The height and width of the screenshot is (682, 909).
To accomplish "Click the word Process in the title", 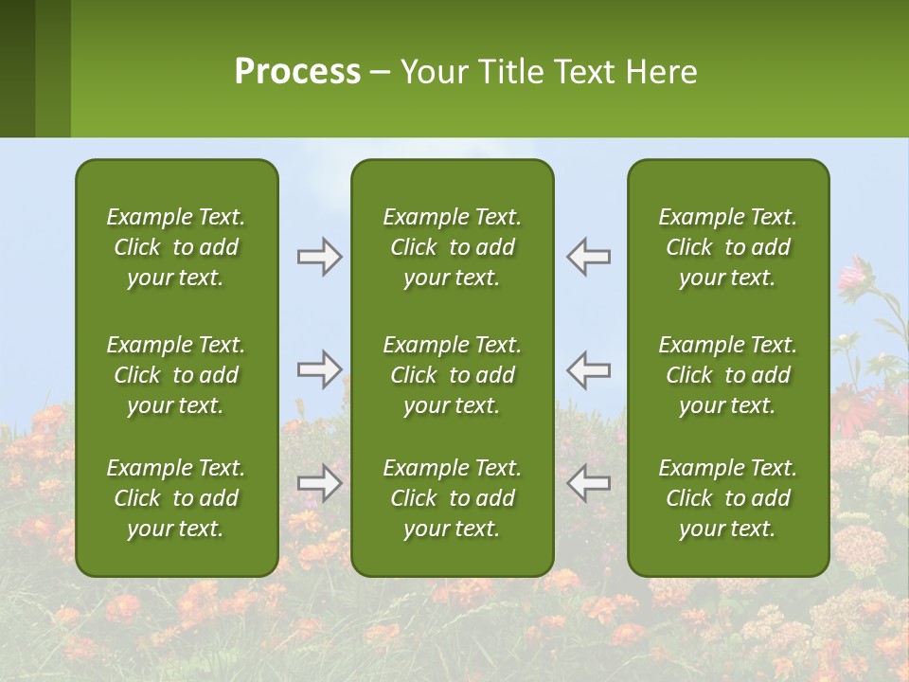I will [297, 72].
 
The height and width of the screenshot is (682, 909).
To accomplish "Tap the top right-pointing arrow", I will [320, 257].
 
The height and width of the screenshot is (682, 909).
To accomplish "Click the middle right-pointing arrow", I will [320, 368].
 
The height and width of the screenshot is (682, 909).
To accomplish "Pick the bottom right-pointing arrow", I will [320, 483].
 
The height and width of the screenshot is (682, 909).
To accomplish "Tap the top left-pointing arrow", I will [588, 257].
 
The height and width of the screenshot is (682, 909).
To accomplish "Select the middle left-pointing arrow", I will [588, 368].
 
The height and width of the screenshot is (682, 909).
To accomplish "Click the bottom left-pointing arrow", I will [588, 483].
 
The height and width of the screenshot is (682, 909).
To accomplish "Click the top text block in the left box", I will [176, 247].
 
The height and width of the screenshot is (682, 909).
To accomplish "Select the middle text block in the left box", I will [176, 375].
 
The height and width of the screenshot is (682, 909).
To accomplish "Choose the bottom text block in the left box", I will [176, 498].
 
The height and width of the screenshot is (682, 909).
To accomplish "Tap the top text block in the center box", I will [453, 247].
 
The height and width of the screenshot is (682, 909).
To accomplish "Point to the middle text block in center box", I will [453, 375].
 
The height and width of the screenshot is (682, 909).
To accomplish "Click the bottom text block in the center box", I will [453, 498].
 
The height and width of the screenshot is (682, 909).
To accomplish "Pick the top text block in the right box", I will [728, 247].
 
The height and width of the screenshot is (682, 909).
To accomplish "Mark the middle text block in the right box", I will [728, 375].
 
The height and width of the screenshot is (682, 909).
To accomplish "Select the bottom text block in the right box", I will [728, 498].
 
